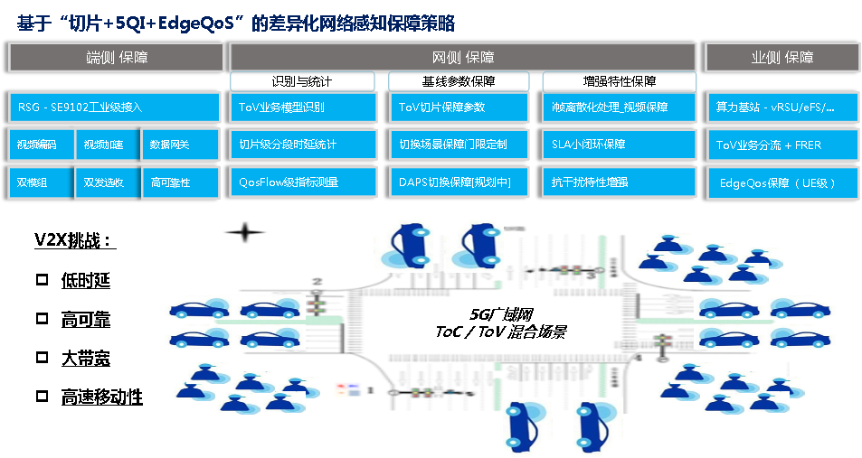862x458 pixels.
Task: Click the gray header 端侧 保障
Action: (x=116, y=57)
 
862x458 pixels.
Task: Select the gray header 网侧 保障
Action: (x=463, y=57)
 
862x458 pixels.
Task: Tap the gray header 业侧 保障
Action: (x=781, y=57)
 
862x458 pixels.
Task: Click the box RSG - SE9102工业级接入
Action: (x=116, y=107)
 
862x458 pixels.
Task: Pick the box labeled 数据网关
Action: (x=181, y=145)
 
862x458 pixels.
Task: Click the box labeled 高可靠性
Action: (x=181, y=182)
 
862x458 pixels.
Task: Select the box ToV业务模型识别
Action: (x=303, y=107)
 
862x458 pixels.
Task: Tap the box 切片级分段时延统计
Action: (x=303, y=145)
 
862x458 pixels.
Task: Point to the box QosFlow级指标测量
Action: (x=303, y=182)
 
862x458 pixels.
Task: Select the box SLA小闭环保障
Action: (x=620, y=145)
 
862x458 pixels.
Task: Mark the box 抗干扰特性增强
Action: (x=620, y=182)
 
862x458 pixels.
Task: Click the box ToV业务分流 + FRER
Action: (x=781, y=145)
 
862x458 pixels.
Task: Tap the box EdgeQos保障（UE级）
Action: (x=781, y=182)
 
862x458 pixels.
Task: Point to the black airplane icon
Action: (x=245, y=234)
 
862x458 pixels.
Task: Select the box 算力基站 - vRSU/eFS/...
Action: (x=781, y=107)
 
